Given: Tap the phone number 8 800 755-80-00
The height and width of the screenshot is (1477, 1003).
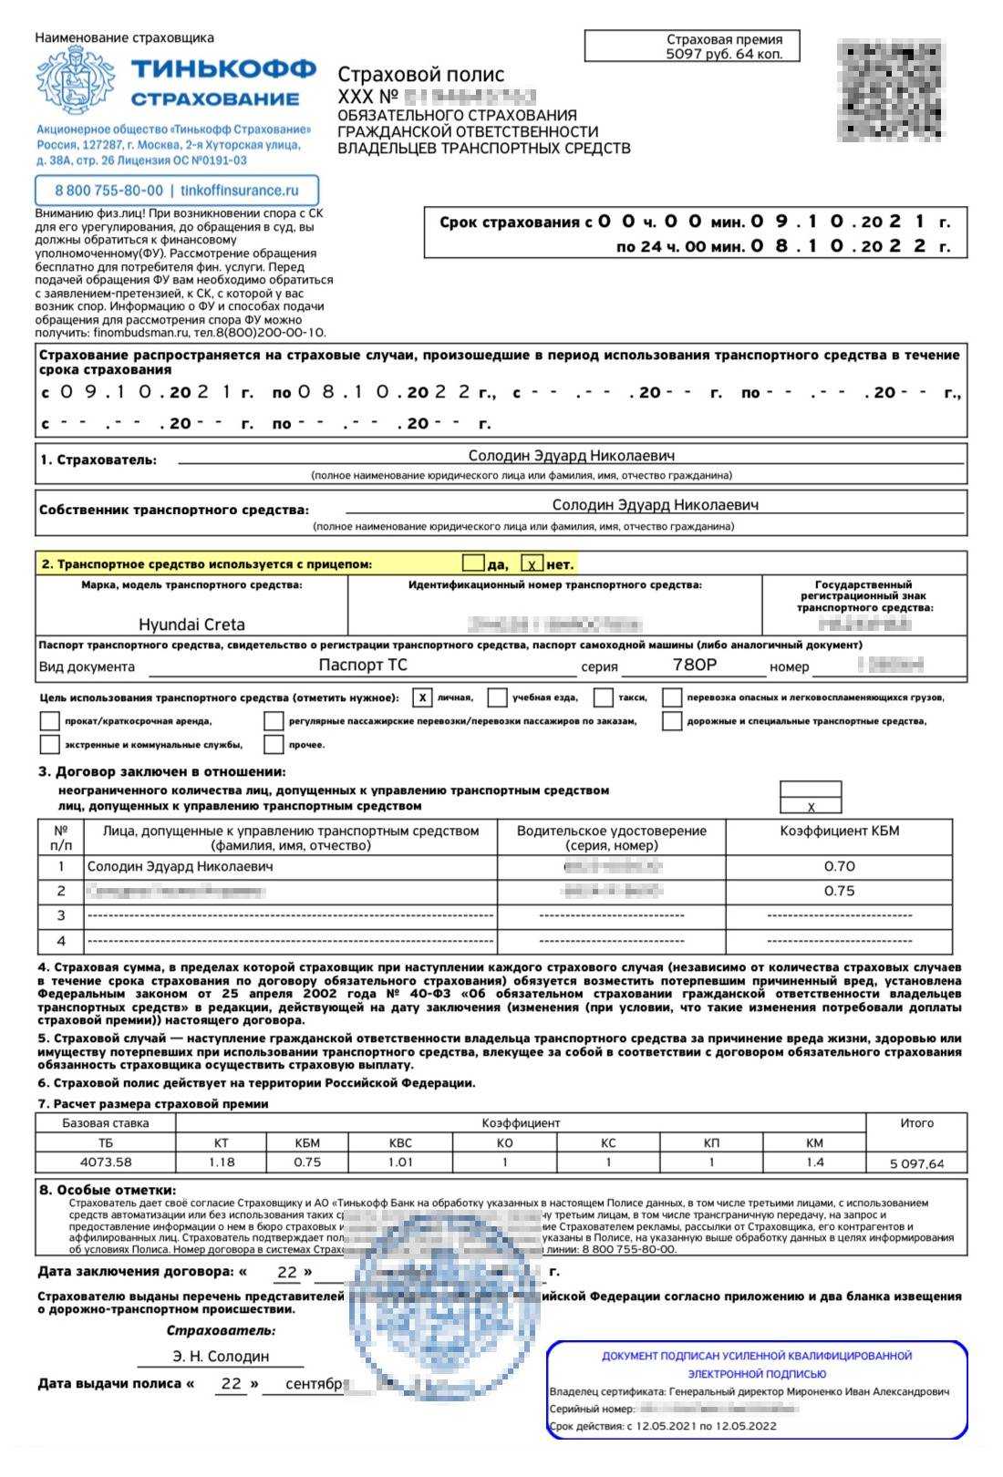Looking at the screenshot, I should pyautogui.click(x=109, y=191).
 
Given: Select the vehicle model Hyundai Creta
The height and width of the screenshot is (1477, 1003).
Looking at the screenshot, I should pyautogui.click(x=191, y=625).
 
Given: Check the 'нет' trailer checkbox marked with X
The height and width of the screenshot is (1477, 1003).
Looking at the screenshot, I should pyautogui.click(x=532, y=565).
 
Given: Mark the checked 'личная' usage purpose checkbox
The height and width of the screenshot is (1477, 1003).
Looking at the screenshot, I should pyautogui.click(x=421, y=697).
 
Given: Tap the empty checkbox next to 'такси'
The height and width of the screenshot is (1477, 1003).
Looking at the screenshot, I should pyautogui.click(x=603, y=697).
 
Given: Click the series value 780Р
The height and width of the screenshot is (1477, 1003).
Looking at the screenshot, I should pyautogui.click(x=694, y=665).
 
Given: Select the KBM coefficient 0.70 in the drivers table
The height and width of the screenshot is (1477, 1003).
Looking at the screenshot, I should pyautogui.click(x=839, y=866).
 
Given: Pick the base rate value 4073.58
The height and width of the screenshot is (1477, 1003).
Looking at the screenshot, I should pyautogui.click(x=106, y=1162).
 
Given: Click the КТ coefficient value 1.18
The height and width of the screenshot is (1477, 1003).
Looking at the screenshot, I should pyautogui.click(x=222, y=1162).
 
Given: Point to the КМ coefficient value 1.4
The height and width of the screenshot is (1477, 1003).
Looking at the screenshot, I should pyautogui.click(x=814, y=1162).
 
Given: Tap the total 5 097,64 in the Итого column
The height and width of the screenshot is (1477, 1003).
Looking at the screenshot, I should pyautogui.click(x=916, y=1163).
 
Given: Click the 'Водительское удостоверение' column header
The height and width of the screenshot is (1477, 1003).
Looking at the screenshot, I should pyautogui.click(x=611, y=838).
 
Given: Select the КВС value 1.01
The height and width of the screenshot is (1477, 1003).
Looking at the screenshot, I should pyautogui.click(x=400, y=1162).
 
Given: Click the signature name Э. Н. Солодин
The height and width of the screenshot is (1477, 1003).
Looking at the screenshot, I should pyautogui.click(x=221, y=1356).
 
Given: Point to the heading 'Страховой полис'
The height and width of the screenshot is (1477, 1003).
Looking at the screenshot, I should pyautogui.click(x=420, y=75).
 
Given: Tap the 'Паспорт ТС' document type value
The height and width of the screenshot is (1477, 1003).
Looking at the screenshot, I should pyautogui.click(x=362, y=665).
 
